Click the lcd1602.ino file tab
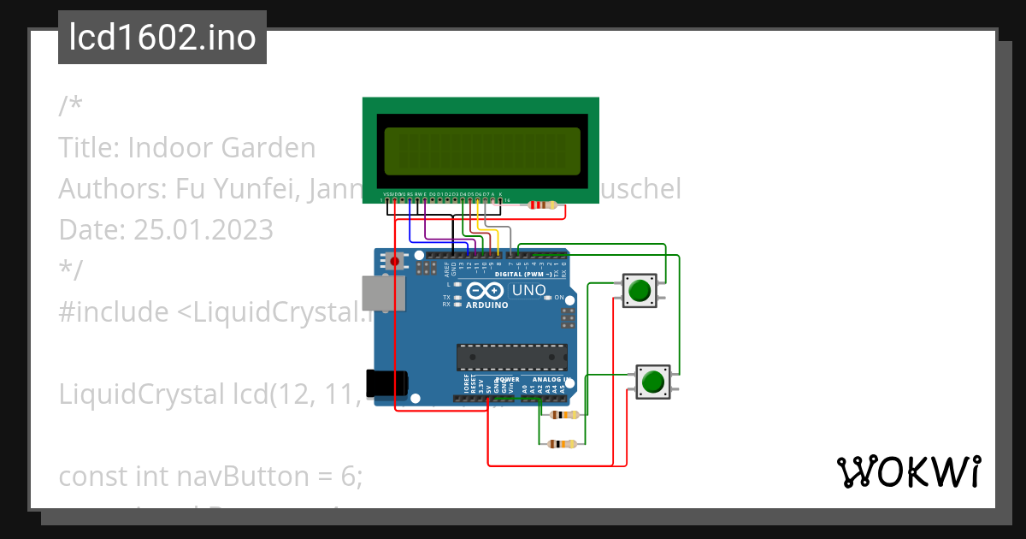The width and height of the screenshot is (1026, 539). (x=162, y=38)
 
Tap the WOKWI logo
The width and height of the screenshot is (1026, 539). (x=908, y=472)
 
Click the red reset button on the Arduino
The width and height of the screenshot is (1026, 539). (x=395, y=261)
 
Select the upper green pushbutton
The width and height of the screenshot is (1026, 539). (x=639, y=291)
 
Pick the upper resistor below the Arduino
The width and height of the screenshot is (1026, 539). (x=564, y=415)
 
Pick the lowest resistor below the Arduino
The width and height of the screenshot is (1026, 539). (x=563, y=443)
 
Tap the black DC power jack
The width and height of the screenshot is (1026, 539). (x=384, y=385)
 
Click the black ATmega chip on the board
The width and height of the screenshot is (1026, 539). (x=511, y=357)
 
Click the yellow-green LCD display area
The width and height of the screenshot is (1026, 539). (x=482, y=148)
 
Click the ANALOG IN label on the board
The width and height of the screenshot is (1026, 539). (x=548, y=379)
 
